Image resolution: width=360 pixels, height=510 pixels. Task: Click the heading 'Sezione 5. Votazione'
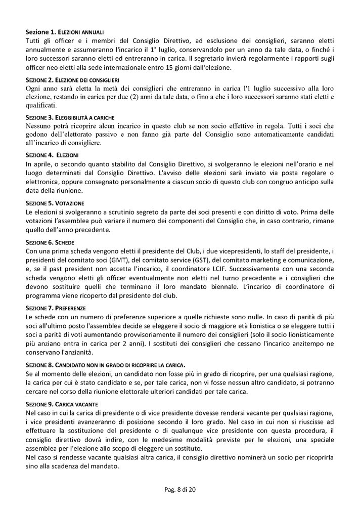coord(53,202)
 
